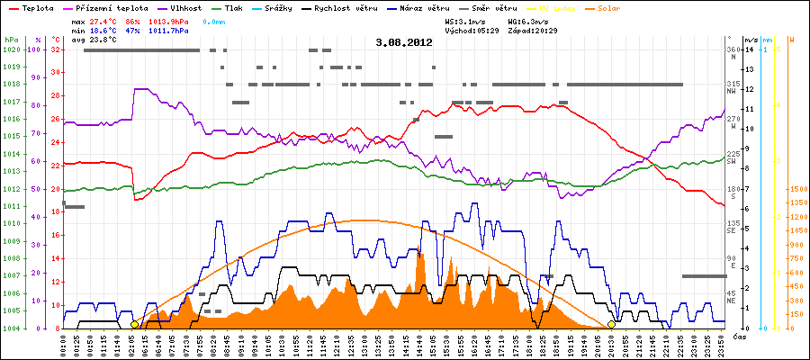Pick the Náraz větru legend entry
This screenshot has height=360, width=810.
428,7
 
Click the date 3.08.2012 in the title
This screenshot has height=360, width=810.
404,42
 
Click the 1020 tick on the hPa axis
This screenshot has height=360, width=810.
10,49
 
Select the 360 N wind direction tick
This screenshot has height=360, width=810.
734,53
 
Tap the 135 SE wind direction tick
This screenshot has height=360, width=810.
734,226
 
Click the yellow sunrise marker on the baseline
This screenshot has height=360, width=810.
134,324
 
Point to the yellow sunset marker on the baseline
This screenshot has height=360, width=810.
611,324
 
